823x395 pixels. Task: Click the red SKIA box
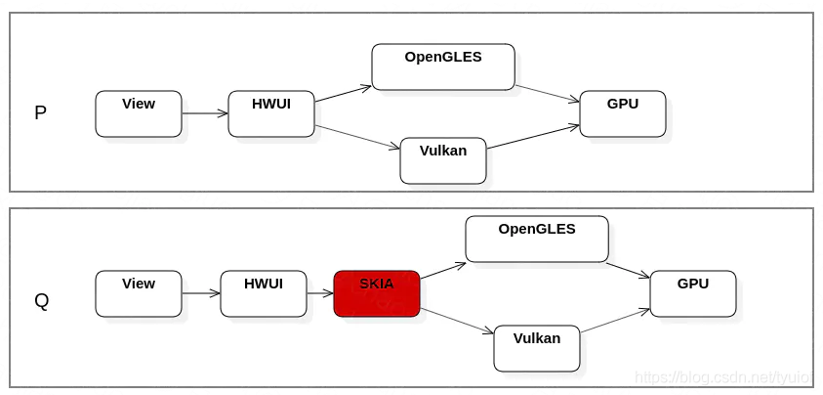point(377,293)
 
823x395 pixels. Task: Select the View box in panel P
point(139,113)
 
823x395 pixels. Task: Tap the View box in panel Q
point(139,293)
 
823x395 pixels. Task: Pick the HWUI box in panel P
point(271,113)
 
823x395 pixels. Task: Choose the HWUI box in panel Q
point(264,293)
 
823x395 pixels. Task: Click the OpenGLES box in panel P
point(443,66)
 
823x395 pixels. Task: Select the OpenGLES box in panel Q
point(537,239)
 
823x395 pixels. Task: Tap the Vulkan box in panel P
point(443,160)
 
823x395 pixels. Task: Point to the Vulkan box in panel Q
point(537,348)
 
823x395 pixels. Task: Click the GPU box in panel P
point(623,113)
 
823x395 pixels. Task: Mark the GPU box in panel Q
point(693,293)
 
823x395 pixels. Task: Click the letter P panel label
point(40,113)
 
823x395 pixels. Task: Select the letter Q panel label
point(41,301)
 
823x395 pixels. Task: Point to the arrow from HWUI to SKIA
point(320,293)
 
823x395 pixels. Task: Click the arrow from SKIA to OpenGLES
point(443,271)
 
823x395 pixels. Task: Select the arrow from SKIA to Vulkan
point(457,321)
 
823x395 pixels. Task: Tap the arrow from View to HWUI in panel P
point(205,113)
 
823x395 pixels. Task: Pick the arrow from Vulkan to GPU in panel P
point(533,137)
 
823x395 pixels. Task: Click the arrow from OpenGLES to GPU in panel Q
point(628,270)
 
